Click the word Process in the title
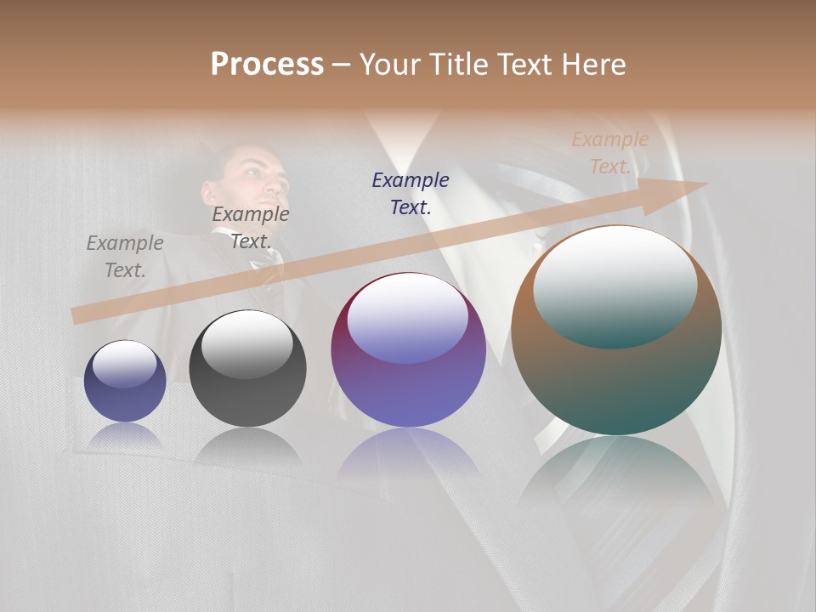point(267,65)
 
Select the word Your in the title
point(394,65)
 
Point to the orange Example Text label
point(609,153)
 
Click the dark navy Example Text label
point(411,193)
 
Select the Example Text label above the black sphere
point(250,228)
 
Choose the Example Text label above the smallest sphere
point(125,256)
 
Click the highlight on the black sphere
point(247,343)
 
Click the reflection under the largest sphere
point(616,476)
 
